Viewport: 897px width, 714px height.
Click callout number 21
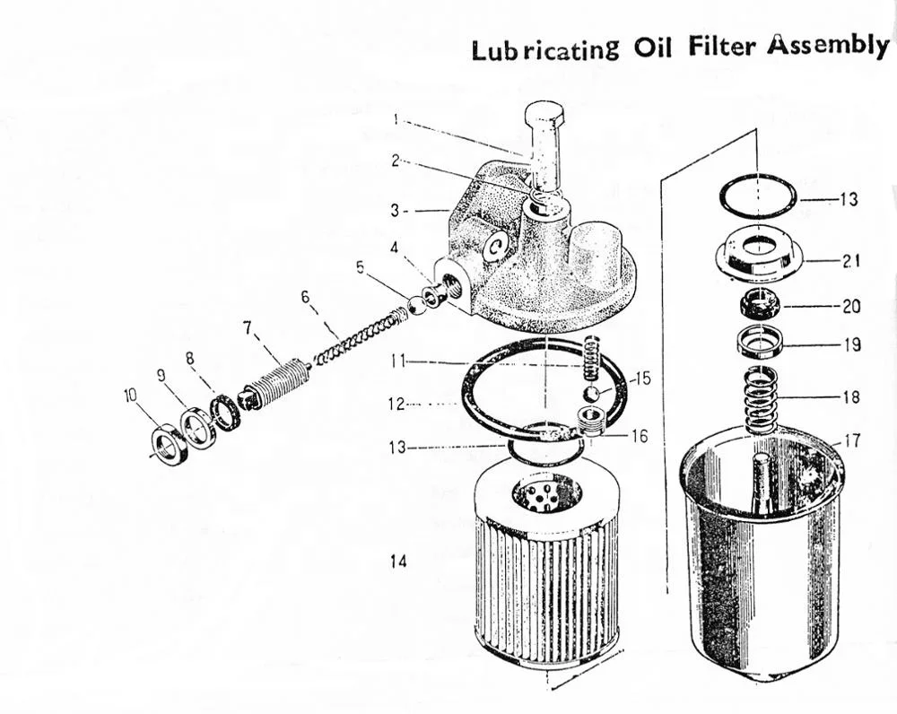click(x=851, y=261)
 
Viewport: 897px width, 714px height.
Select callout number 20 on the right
click(x=850, y=306)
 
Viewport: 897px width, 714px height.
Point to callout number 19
click(x=850, y=344)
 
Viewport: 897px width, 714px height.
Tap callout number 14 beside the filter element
click(x=399, y=562)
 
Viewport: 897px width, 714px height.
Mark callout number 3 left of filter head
click(x=396, y=211)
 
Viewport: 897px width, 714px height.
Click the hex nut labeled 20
click(x=758, y=305)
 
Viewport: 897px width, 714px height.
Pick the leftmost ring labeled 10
click(x=171, y=443)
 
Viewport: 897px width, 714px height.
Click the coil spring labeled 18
click(x=761, y=400)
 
